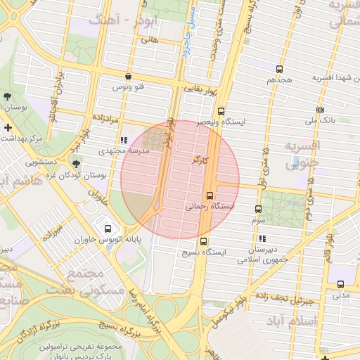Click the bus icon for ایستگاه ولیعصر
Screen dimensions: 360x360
221,111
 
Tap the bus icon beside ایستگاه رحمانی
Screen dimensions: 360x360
210,195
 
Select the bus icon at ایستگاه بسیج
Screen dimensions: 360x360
204,242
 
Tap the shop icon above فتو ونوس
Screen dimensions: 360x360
127,76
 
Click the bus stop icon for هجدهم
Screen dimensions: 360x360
280,69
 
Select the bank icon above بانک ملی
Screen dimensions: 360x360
321,110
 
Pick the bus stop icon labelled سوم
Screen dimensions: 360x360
258,209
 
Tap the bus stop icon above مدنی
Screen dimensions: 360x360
340,284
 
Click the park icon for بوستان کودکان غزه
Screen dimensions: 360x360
77,162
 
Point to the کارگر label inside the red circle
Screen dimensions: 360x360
200,160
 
